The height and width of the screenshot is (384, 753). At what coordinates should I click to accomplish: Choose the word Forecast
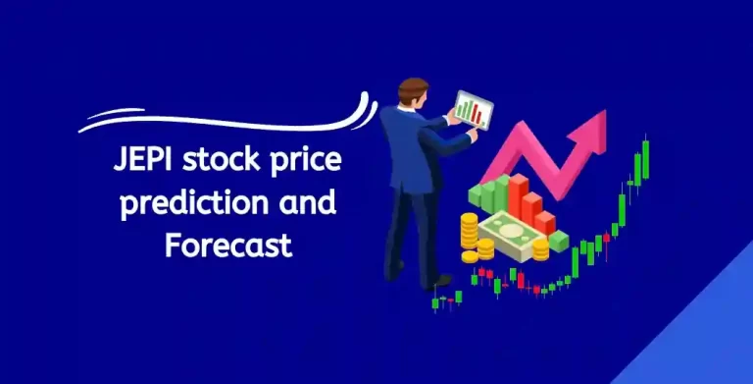(228, 244)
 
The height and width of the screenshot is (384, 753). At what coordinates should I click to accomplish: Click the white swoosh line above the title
(226, 115)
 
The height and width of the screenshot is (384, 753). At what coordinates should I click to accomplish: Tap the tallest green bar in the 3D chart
(501, 192)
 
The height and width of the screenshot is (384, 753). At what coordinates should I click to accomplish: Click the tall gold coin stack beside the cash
(470, 236)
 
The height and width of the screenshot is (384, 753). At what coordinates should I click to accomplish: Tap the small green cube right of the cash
(558, 240)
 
